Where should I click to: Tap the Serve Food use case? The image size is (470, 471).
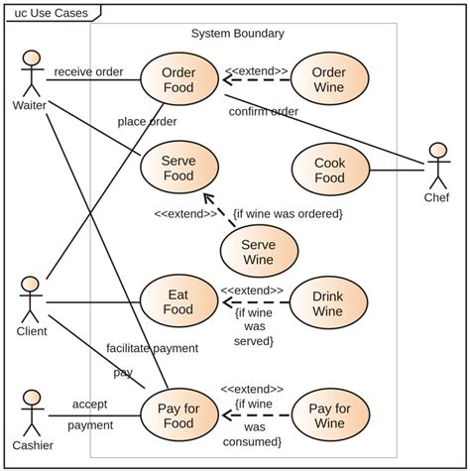pyautogui.click(x=178, y=167)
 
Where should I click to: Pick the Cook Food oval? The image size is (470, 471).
pyautogui.click(x=328, y=170)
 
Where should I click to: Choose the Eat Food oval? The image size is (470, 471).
pyautogui.click(x=178, y=301)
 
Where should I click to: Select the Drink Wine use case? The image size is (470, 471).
pyautogui.click(x=328, y=301)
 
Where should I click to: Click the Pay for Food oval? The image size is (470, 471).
pyautogui.click(x=178, y=415)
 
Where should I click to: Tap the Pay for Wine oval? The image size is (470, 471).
pyautogui.click(x=328, y=415)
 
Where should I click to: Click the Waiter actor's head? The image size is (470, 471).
pyautogui.click(x=31, y=59)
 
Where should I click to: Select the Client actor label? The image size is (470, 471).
pyautogui.click(x=32, y=331)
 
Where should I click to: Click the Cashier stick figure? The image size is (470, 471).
pyautogui.click(x=32, y=414)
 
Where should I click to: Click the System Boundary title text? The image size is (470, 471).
pyautogui.click(x=238, y=34)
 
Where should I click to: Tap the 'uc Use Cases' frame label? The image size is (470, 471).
pyautogui.click(x=50, y=13)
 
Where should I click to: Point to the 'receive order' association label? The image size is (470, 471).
pyautogui.click(x=87, y=71)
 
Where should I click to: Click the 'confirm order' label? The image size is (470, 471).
pyautogui.click(x=263, y=111)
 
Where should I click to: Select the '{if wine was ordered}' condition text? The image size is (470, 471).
pyautogui.click(x=287, y=213)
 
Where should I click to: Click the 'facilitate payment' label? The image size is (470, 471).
pyautogui.click(x=152, y=348)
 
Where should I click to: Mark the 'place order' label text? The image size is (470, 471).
pyautogui.click(x=147, y=122)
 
